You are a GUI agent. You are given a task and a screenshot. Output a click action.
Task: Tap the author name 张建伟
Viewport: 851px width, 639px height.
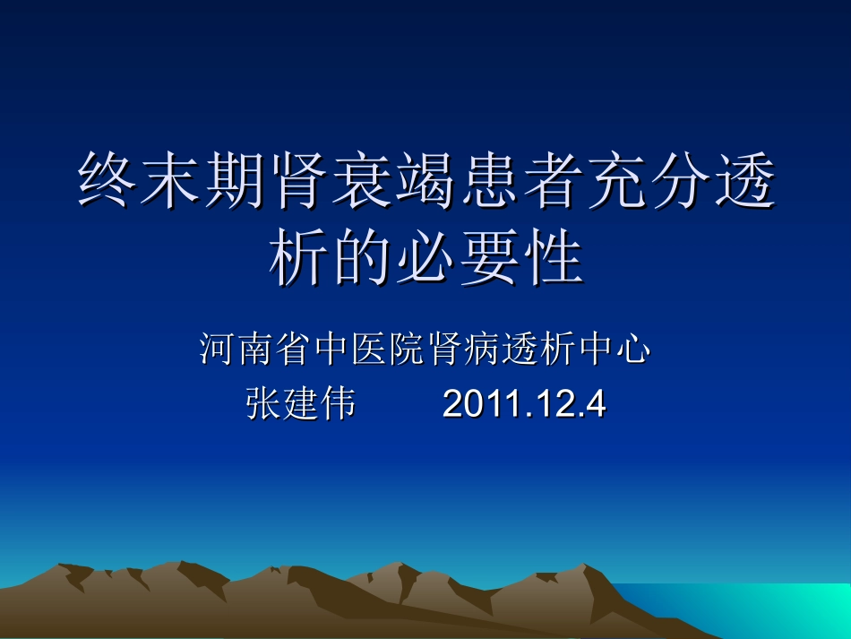point(300,404)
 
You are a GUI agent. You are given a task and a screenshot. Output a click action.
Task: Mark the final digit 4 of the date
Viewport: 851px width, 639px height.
point(595,404)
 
